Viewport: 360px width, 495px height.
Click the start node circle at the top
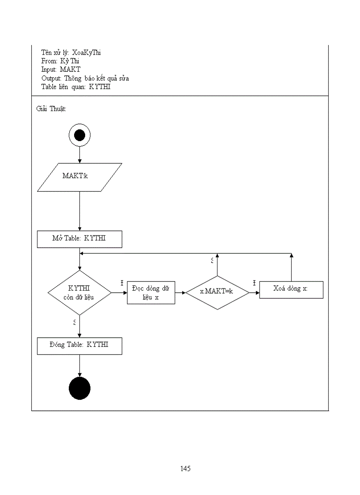79,135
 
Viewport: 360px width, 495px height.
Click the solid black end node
79,388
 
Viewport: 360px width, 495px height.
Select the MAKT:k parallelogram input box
79,177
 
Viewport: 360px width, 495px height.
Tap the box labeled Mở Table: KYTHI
79,239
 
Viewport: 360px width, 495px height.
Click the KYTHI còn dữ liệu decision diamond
79,293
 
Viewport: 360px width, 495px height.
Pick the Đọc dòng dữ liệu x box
151,293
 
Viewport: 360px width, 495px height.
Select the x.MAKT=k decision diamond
217,293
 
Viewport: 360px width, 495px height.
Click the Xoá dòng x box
291,289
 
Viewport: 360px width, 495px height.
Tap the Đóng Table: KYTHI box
79,346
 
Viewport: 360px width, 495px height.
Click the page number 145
185,469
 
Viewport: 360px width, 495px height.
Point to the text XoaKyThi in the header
86,52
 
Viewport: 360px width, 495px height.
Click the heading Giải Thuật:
51,109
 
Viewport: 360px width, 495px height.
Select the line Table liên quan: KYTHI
76,87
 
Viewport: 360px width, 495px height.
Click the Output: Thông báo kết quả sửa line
85,78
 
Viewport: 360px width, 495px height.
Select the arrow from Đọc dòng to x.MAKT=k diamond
180,293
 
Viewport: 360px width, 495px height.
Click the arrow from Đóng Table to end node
79,365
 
